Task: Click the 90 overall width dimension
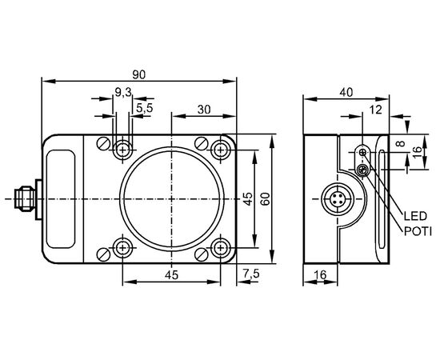(x=139, y=74)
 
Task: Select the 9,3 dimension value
(x=123, y=92)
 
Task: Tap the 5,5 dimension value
(x=145, y=108)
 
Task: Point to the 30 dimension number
(x=204, y=110)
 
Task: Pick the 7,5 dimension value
(x=251, y=274)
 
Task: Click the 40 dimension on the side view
(x=346, y=92)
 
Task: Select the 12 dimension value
(x=375, y=110)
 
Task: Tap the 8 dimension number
(x=402, y=143)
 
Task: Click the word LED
(x=415, y=216)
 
